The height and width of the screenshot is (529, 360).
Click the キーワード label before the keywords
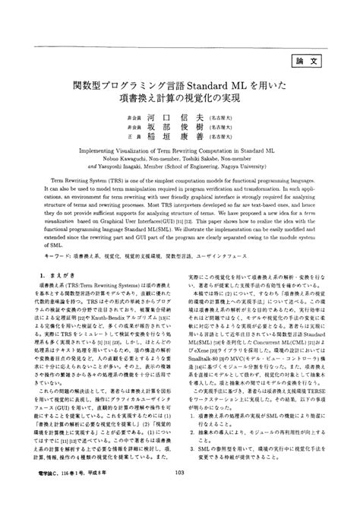pos(39,277)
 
